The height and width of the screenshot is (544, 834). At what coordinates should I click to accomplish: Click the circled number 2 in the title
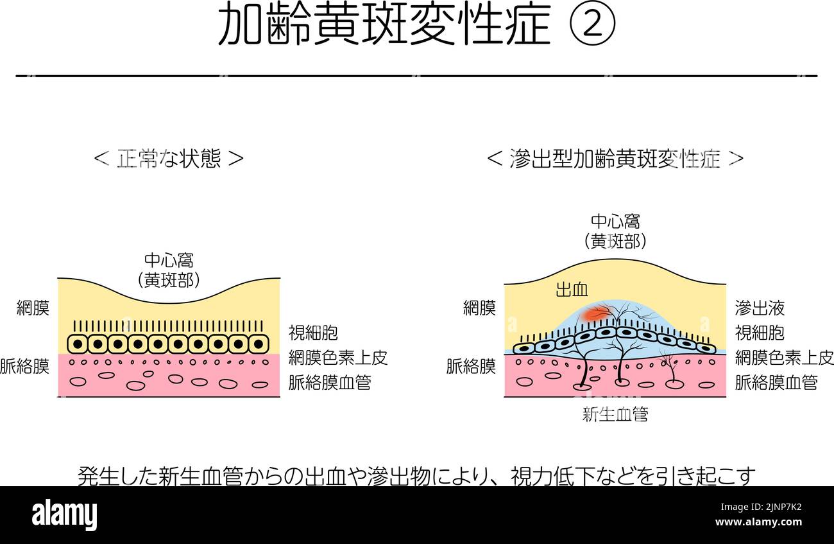(x=592, y=23)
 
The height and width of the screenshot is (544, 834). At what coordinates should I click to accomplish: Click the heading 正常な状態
(x=169, y=159)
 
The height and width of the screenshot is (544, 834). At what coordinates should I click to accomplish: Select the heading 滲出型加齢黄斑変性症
(x=615, y=159)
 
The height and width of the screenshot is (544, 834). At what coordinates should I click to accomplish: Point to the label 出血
(x=572, y=290)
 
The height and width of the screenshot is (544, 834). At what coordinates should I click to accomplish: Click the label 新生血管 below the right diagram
(x=615, y=414)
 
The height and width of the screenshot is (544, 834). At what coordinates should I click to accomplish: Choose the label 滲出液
(x=760, y=308)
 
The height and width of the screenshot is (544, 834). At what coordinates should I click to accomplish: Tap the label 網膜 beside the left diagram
(x=33, y=308)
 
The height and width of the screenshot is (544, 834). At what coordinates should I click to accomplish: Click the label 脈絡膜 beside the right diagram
(x=471, y=366)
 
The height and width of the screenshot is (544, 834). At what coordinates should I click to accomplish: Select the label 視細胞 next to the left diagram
(x=313, y=333)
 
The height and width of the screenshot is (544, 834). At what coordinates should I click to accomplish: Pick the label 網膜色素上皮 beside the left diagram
(x=338, y=358)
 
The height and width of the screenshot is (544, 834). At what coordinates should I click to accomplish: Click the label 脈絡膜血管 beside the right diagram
(x=776, y=383)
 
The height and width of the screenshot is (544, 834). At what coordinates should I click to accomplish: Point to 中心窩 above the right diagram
(x=615, y=221)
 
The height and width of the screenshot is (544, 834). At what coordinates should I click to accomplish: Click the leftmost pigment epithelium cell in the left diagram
(x=78, y=344)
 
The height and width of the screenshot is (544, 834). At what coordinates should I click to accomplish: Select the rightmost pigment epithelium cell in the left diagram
(x=259, y=344)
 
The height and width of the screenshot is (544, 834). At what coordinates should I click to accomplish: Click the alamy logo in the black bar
(x=64, y=515)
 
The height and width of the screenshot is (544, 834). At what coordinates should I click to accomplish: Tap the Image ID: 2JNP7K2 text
(x=761, y=507)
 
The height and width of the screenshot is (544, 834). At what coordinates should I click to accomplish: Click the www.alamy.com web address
(x=758, y=522)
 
